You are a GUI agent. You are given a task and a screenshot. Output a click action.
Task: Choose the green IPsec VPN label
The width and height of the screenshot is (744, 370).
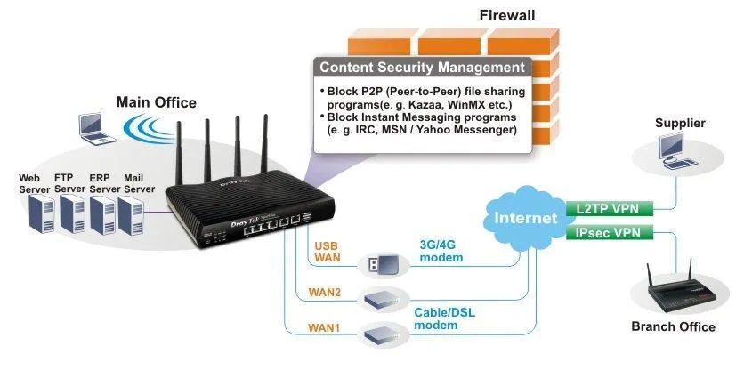[x=609, y=233]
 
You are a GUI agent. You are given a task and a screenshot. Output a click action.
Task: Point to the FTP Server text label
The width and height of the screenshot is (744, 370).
[x=69, y=183]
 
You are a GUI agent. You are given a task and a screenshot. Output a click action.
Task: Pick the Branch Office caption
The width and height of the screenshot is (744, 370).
[x=673, y=326]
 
